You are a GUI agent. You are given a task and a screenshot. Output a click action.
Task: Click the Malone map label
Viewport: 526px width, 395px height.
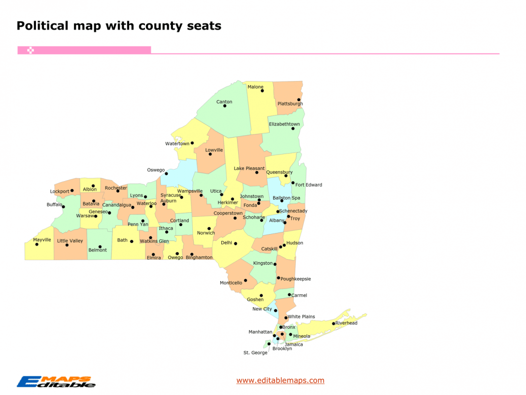click(255, 87)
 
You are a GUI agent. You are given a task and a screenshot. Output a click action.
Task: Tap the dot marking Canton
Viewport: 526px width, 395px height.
click(225, 106)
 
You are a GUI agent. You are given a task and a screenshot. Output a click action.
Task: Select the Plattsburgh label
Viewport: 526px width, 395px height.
click(290, 104)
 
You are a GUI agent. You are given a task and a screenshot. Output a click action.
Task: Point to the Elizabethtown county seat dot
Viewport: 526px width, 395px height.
click(293, 128)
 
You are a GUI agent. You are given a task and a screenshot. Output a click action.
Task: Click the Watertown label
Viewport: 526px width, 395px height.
click(177, 144)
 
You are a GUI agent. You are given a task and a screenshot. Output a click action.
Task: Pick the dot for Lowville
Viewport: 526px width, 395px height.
click(210, 154)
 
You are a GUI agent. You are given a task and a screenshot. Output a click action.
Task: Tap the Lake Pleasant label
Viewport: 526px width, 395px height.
click(249, 168)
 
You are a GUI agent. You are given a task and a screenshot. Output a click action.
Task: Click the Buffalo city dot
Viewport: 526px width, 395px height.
click(63, 206)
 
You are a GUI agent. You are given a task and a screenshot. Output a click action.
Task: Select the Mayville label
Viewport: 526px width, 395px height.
click(42, 240)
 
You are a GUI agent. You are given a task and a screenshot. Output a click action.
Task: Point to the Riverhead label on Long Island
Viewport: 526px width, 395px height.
click(346, 323)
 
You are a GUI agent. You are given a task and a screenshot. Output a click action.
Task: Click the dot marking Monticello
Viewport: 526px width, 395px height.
click(245, 280)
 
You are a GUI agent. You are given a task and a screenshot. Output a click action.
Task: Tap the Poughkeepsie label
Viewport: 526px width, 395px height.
click(296, 279)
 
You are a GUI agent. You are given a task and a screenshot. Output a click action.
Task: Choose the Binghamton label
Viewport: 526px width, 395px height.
click(199, 258)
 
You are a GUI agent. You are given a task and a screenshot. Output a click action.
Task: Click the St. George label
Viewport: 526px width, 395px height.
click(255, 353)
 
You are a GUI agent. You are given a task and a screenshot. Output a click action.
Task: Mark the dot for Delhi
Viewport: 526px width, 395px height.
click(236, 243)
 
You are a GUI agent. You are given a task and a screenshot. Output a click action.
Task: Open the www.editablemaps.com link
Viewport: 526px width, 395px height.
click(280, 380)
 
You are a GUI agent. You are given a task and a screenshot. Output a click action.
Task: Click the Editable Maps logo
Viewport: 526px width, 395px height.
click(56, 381)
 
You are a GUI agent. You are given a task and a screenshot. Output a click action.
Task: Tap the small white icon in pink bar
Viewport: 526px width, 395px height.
click(31, 50)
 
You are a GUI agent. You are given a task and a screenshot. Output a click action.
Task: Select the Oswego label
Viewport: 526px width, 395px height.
click(156, 170)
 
